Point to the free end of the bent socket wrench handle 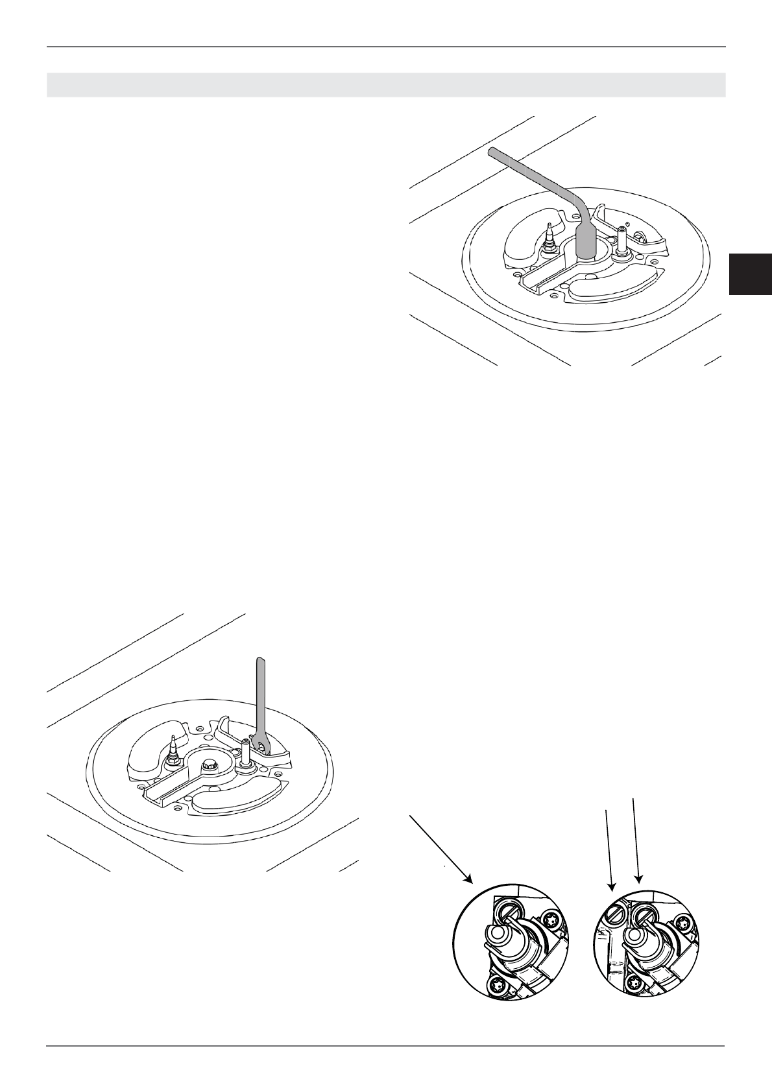click(492, 152)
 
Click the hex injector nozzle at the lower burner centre click(210, 765)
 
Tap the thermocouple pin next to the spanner click(247, 752)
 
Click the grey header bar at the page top click(385, 85)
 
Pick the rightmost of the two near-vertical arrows click(636, 843)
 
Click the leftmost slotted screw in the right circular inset click(617, 916)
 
